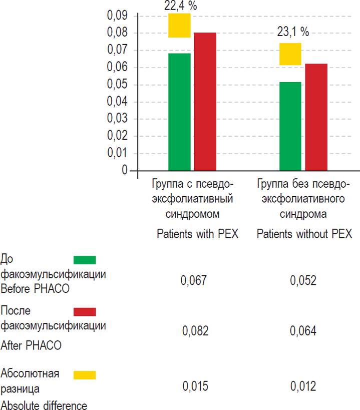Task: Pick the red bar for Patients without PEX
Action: pyautogui.click(x=316, y=117)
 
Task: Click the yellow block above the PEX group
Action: pyautogui.click(x=179, y=26)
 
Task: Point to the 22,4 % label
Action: pyautogui.click(x=180, y=6)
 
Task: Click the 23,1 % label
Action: pyautogui.click(x=292, y=32)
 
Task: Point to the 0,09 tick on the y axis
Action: pyautogui.click(x=118, y=16)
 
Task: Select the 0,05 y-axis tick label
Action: pyautogui.click(x=118, y=85)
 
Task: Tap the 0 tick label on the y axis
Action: pyautogui.click(x=125, y=171)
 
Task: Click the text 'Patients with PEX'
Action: pyautogui.click(x=197, y=234)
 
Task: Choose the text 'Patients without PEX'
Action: pyautogui.click(x=304, y=234)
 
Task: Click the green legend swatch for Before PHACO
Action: pyautogui.click(x=85, y=260)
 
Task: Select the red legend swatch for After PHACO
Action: pyautogui.click(x=85, y=312)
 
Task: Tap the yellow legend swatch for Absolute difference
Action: pyautogui.click(x=85, y=374)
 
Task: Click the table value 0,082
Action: pyautogui.click(x=195, y=331)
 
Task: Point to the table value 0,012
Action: pyautogui.click(x=303, y=386)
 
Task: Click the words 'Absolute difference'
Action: pyautogui.click(x=44, y=405)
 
